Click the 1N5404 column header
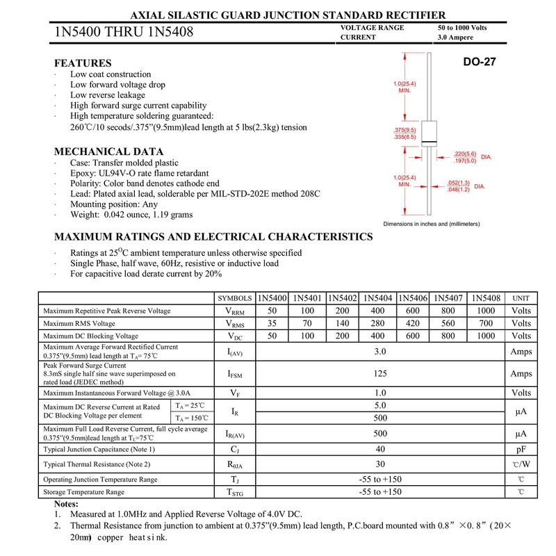(377, 298)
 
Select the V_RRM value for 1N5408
(486, 311)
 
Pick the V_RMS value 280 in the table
(377, 323)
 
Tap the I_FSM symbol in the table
(235, 374)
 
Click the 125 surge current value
(379, 374)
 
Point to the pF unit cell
(521, 450)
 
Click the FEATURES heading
(83, 63)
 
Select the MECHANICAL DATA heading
(109, 152)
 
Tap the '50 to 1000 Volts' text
(462, 27)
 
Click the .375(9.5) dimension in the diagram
(404, 130)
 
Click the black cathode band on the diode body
(429, 143)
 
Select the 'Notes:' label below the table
(66, 503)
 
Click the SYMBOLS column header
(235, 298)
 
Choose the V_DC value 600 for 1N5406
(413, 336)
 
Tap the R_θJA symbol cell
(235, 464)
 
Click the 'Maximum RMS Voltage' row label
(79, 323)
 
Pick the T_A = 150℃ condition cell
(190, 418)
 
